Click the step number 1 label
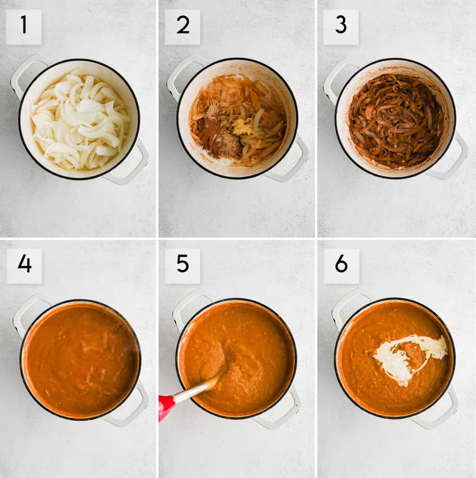(x=24, y=27)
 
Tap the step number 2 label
(x=182, y=27)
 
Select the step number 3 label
(x=341, y=27)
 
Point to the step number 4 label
(x=24, y=266)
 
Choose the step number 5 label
(x=182, y=266)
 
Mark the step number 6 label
(x=342, y=266)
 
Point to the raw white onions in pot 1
(x=80, y=120)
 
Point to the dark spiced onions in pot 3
(x=396, y=121)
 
